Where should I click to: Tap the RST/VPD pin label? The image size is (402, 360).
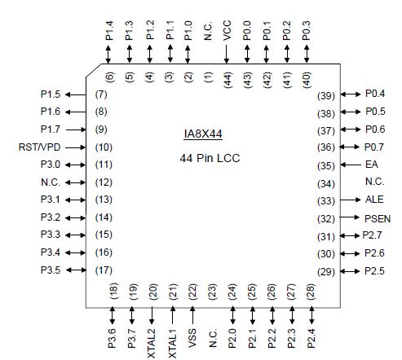(39, 147)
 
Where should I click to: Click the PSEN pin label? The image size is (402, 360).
(378, 218)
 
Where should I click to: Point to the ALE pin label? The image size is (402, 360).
(373, 200)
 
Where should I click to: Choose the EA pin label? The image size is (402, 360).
(371, 165)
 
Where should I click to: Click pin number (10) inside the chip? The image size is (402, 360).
(103, 147)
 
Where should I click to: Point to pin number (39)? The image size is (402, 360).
(326, 94)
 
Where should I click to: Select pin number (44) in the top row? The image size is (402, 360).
(228, 78)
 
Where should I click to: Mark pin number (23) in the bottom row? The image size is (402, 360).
(212, 292)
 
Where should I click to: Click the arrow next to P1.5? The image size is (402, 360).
(76, 94)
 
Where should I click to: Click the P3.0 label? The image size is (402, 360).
(51, 165)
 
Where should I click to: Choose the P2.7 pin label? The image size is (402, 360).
(375, 235)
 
